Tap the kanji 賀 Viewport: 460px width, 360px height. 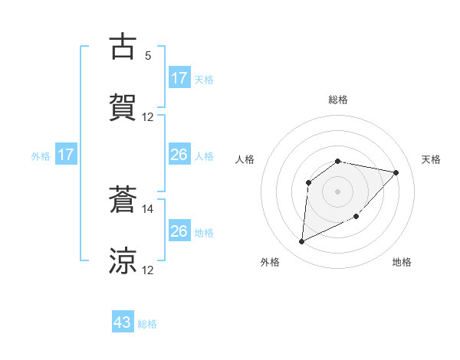coord(123,106)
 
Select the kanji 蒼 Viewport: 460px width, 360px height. coord(123,200)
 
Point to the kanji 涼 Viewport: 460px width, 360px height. coord(123,260)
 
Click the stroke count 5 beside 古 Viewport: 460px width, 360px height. coord(148,56)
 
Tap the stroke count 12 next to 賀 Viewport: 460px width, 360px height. coord(148,117)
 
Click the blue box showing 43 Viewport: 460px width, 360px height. coord(123,323)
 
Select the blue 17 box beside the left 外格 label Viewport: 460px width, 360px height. coord(66,155)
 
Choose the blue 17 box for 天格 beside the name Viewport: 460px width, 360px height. coord(179,78)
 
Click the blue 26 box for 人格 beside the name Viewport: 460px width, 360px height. coord(179,155)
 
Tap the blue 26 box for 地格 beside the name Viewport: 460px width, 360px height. coord(179,231)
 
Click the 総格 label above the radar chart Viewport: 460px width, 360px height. coord(338,100)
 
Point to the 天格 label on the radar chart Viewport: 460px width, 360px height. coord(432,159)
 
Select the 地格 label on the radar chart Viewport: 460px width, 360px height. coord(402,262)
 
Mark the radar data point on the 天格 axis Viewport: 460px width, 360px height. coord(396,172)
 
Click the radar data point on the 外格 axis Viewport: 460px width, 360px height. coord(301,242)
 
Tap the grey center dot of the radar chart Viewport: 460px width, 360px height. coord(338,191)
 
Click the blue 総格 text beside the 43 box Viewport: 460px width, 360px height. coord(147,324)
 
